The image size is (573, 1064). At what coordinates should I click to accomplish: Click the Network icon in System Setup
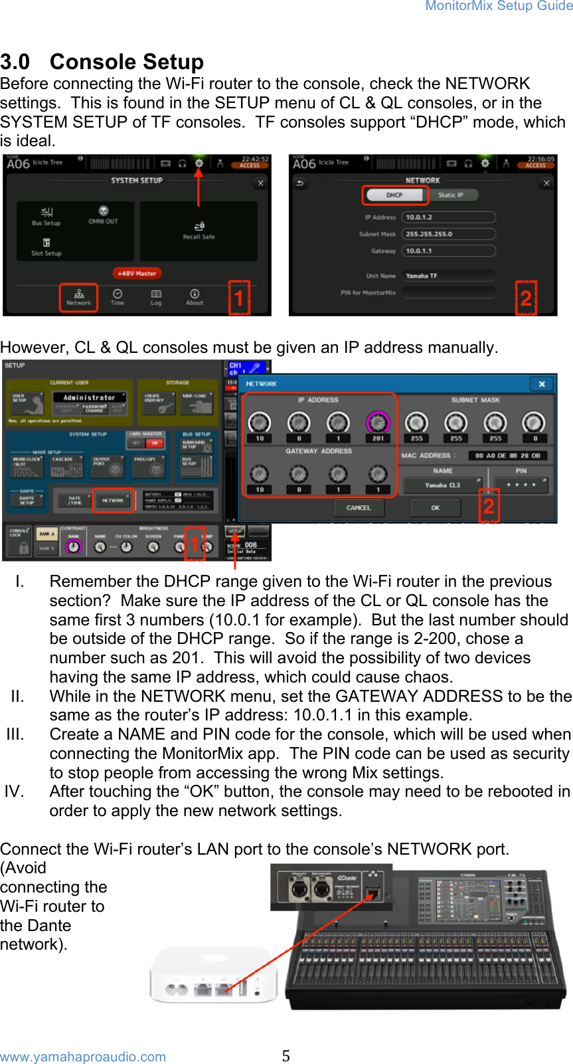click(78, 296)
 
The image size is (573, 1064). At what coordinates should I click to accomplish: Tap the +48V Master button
click(137, 273)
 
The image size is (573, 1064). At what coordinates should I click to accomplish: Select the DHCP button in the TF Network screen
click(394, 195)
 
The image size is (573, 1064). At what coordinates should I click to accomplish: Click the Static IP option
click(450, 195)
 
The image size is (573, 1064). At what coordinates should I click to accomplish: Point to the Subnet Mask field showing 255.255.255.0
click(448, 234)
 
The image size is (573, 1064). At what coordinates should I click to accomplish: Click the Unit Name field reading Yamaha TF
click(448, 276)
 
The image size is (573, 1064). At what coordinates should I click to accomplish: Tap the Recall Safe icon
click(199, 230)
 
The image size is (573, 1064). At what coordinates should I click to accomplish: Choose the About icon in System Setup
click(195, 296)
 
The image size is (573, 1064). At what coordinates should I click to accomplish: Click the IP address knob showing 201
click(378, 423)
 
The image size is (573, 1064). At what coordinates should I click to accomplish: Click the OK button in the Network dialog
click(436, 508)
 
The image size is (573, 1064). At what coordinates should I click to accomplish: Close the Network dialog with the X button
click(542, 384)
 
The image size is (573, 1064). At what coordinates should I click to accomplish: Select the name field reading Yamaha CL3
click(443, 485)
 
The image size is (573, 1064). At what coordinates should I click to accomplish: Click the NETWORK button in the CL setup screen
click(113, 500)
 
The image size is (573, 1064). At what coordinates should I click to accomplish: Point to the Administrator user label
click(89, 397)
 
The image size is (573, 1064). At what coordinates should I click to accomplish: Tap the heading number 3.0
click(15, 62)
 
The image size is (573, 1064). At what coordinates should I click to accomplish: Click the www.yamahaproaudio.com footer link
click(83, 1057)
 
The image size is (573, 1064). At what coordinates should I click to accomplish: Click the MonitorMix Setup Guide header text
click(499, 6)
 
